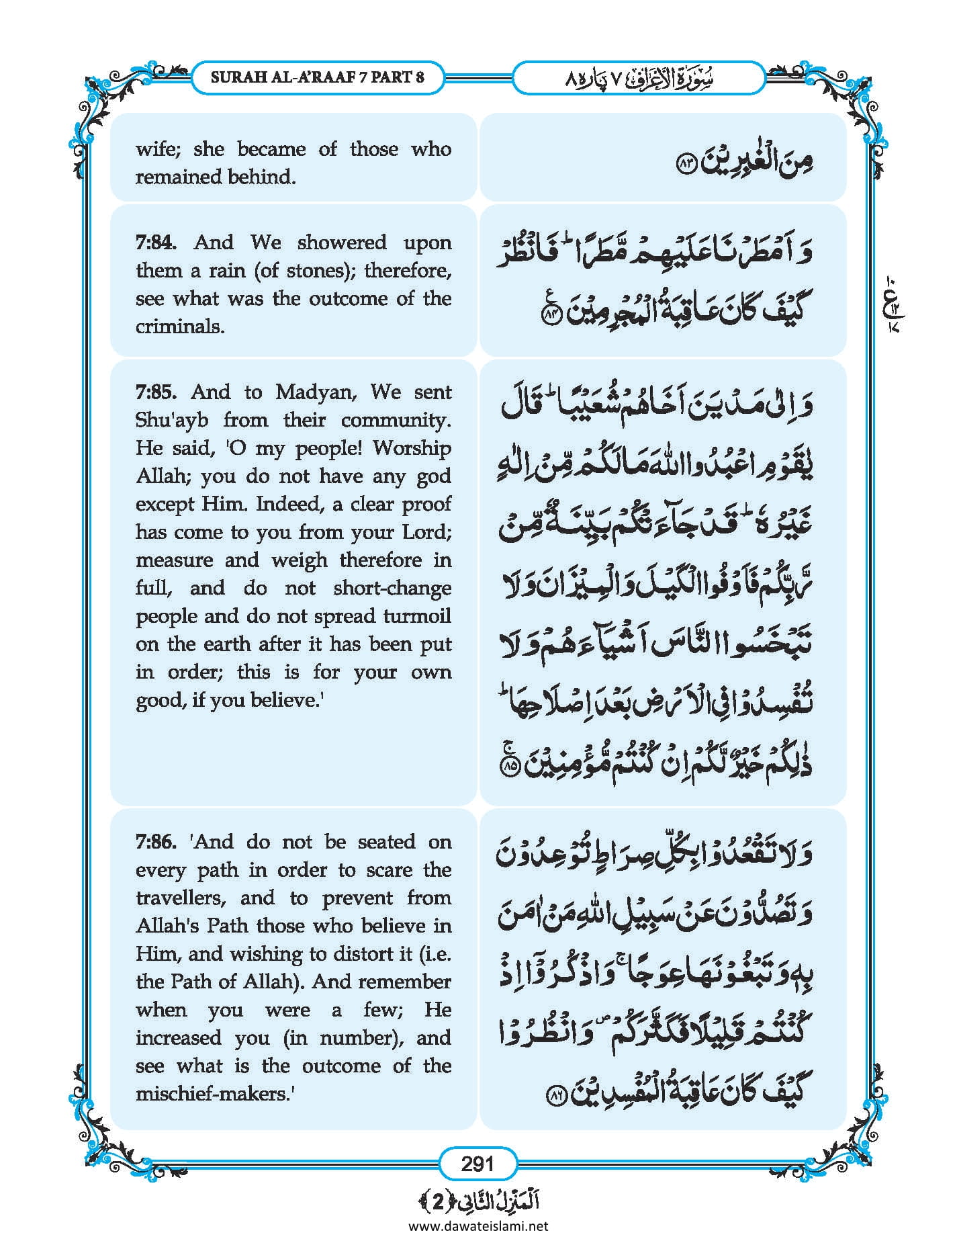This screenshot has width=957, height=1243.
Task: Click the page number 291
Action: click(x=477, y=1163)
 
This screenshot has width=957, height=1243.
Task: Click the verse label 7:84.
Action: click(x=156, y=243)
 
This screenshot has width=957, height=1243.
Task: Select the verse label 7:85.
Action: click(x=156, y=392)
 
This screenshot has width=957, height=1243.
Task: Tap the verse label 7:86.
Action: click(x=156, y=842)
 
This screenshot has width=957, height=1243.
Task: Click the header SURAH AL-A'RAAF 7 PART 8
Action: click(x=317, y=77)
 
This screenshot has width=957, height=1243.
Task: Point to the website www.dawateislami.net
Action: click(x=478, y=1226)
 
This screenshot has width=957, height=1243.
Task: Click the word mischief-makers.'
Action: click(x=216, y=1094)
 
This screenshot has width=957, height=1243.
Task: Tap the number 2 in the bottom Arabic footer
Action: click(x=438, y=1201)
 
